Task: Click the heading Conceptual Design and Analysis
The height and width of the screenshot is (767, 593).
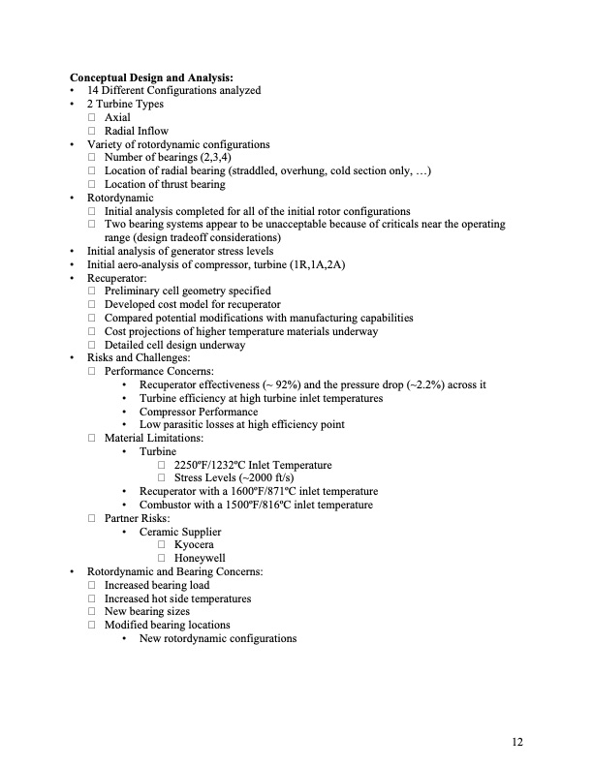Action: click(151, 77)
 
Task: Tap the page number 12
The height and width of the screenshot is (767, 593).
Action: click(518, 742)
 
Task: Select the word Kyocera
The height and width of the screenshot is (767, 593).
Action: click(194, 545)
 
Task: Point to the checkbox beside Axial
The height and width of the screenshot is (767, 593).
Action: click(93, 118)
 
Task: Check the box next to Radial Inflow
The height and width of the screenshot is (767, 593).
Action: click(93, 132)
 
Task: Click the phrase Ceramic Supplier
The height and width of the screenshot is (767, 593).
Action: click(180, 532)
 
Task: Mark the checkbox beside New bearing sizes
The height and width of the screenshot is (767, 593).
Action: click(93, 612)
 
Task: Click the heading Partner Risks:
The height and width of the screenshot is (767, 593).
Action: click(138, 519)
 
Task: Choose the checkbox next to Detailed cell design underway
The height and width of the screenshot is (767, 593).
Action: click(93, 345)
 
